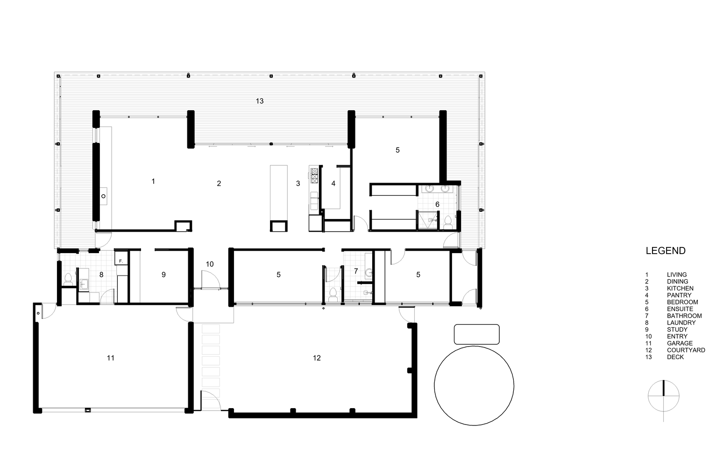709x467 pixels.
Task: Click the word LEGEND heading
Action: (x=665, y=251)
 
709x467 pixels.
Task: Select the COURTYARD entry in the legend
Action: (x=686, y=350)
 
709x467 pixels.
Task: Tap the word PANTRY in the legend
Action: (x=679, y=295)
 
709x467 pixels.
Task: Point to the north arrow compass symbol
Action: (x=663, y=396)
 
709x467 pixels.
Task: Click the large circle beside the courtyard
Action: (x=474, y=385)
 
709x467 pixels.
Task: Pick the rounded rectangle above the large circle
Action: (x=476, y=334)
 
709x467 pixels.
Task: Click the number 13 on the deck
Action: (x=260, y=101)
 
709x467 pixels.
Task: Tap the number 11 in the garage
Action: (x=110, y=358)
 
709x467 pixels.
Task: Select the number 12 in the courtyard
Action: (x=317, y=358)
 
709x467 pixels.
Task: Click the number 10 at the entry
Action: (x=210, y=264)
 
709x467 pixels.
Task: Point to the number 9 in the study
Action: (x=163, y=275)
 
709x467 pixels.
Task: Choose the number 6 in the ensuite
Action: (x=437, y=205)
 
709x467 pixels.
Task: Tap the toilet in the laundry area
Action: (x=68, y=279)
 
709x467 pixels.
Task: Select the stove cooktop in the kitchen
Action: (x=314, y=176)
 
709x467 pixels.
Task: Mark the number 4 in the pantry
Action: (x=333, y=184)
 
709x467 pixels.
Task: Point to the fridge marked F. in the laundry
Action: (x=121, y=261)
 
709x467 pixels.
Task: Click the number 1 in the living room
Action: (x=153, y=181)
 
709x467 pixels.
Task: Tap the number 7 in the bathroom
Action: (x=356, y=271)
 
